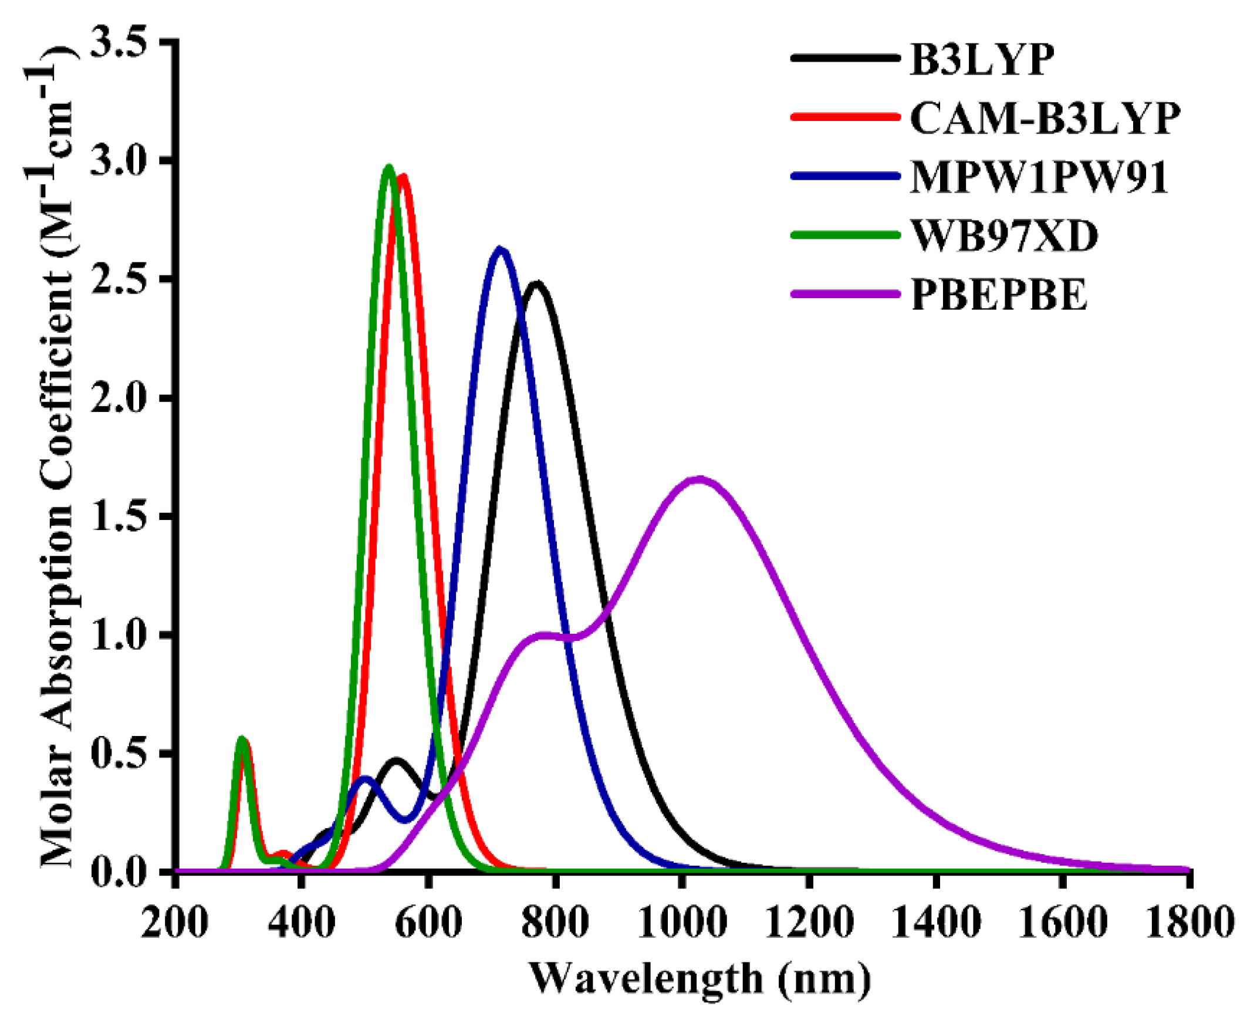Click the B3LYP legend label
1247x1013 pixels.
[x=982, y=60]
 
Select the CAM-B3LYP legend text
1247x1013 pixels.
[x=1045, y=119]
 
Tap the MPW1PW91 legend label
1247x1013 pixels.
[x=1039, y=177]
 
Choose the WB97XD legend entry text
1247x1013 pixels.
[x=1004, y=237]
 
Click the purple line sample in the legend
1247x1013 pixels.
[x=845, y=293]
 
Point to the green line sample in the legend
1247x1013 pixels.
[x=845, y=235]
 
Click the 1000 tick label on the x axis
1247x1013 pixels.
[x=681, y=923]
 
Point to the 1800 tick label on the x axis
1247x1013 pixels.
[x=1188, y=923]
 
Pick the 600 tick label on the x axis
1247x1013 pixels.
[x=428, y=923]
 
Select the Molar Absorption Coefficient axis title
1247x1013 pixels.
[x=56, y=458]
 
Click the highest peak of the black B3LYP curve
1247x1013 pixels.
[x=536, y=284]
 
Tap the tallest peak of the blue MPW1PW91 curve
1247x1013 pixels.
[x=499, y=250]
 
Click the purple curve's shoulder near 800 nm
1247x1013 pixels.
[x=543, y=635]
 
